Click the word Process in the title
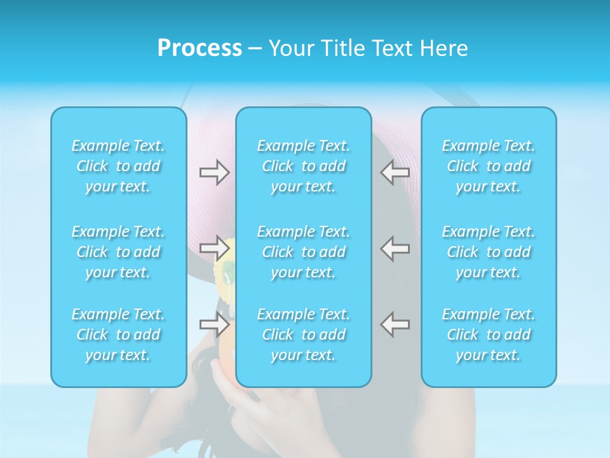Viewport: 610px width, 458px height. (x=200, y=48)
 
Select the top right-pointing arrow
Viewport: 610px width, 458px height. (x=214, y=172)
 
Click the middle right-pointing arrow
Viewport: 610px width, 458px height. (x=214, y=248)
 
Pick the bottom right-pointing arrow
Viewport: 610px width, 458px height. (x=214, y=324)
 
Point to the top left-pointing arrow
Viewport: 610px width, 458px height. (x=395, y=172)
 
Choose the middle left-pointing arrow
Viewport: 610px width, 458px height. (x=395, y=248)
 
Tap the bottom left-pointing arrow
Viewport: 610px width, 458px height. (x=395, y=324)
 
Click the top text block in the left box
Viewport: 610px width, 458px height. (x=118, y=166)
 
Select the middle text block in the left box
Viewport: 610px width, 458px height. (x=118, y=252)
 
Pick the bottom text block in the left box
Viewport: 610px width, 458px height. (x=118, y=335)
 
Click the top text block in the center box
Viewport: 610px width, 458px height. (x=303, y=166)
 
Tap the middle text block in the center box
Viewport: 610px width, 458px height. (x=303, y=252)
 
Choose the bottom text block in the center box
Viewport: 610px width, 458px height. (x=303, y=335)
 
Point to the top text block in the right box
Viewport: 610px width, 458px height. (x=488, y=166)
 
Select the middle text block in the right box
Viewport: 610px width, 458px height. (x=488, y=252)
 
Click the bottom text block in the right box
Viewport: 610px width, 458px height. (x=488, y=335)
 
